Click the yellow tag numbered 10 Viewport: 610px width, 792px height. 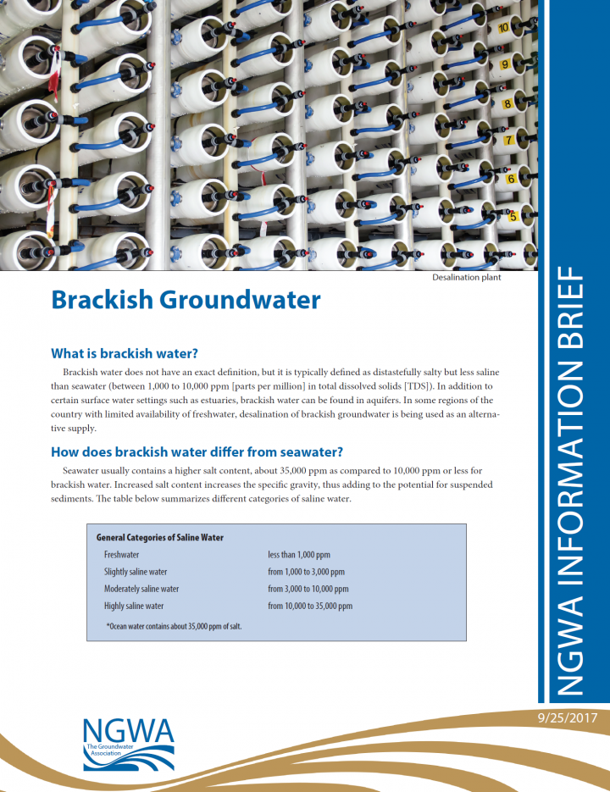pos(503,27)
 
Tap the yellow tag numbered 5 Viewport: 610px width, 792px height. pos(513,217)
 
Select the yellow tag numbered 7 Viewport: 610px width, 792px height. pos(509,140)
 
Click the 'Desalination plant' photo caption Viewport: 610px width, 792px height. pos(466,277)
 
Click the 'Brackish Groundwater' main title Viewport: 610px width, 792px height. pos(186,300)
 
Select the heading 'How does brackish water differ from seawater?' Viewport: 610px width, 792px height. pos(197,451)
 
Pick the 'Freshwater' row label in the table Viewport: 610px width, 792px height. pos(122,555)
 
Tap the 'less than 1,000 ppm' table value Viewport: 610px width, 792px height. pos(299,555)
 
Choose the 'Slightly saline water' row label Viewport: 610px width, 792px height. pos(136,572)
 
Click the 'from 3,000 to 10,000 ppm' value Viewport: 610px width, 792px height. pos(308,589)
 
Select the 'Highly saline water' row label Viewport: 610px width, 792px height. pos(134,606)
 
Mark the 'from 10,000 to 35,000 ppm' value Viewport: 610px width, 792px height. pos(310,606)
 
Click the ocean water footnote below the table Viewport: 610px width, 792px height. pos(174,626)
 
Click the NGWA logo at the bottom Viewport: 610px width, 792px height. pos(129,743)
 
